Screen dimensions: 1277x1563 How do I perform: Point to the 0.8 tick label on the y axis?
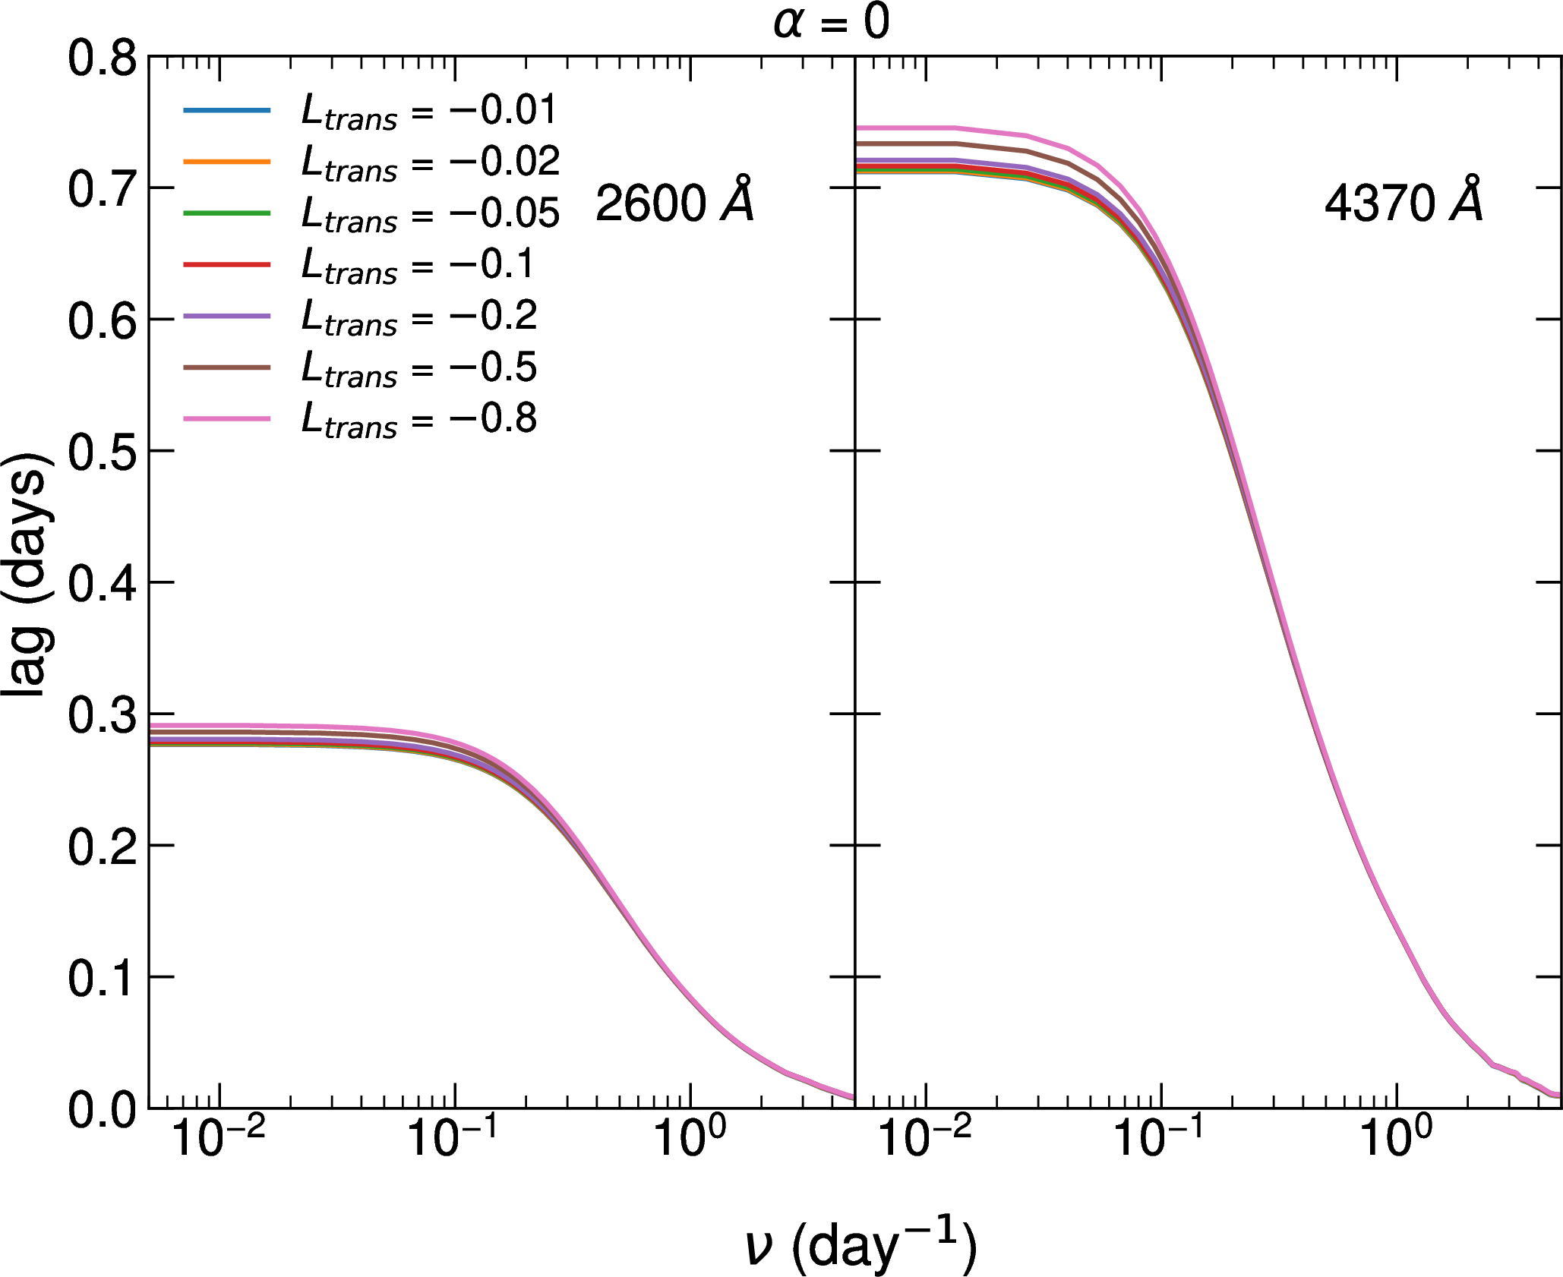click(x=103, y=58)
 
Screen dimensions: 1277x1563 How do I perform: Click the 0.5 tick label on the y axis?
click(x=103, y=452)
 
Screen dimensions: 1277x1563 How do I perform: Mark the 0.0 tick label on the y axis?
click(x=103, y=1110)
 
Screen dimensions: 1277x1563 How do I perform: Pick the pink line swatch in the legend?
click(x=226, y=418)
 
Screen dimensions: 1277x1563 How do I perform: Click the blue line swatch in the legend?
click(x=226, y=111)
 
